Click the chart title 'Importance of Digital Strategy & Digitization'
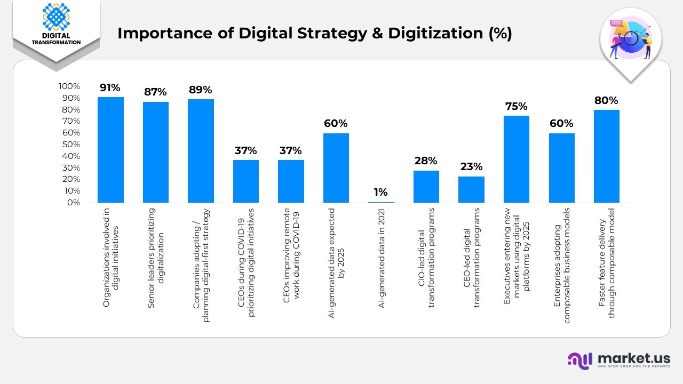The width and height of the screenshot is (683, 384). (x=314, y=33)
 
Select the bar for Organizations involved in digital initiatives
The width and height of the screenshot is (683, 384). (x=110, y=150)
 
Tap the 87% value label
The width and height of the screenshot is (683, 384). (x=155, y=92)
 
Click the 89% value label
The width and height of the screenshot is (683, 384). (x=200, y=90)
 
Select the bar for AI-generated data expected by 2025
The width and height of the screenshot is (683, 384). (x=336, y=168)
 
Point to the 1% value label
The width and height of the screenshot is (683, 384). (x=380, y=193)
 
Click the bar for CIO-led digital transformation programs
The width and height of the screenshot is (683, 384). (x=426, y=187)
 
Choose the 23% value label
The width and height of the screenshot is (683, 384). (x=471, y=166)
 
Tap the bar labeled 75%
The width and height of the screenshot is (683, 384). (x=516, y=159)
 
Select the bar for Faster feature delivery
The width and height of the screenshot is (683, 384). (x=606, y=156)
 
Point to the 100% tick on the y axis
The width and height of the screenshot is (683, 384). (x=69, y=86)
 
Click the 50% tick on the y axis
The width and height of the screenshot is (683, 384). (x=70, y=145)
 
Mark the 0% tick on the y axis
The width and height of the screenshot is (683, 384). (x=73, y=203)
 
